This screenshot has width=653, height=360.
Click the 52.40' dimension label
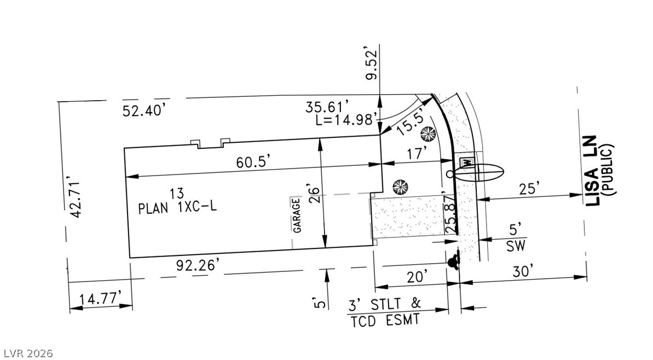tap(145, 111)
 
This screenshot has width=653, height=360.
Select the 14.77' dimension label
tap(101, 298)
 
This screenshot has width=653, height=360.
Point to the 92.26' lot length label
tap(198, 265)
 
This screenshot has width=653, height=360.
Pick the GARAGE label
tap(297, 215)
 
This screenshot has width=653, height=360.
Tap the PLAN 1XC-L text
tap(177, 207)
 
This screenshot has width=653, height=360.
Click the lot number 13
tap(177, 193)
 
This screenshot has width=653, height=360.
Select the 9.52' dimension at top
tap(372, 63)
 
